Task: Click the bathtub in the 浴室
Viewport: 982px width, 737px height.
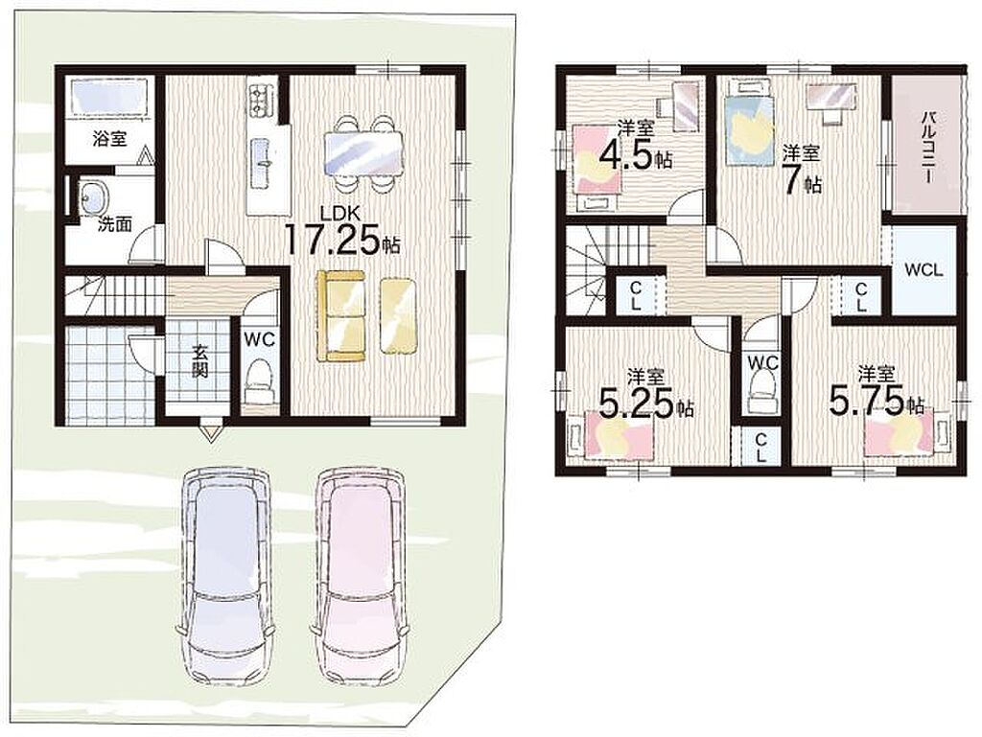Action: (109, 97)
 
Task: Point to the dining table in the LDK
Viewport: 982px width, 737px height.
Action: (362, 154)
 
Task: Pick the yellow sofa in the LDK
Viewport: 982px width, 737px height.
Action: (342, 315)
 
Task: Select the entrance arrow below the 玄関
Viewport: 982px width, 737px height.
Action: (210, 433)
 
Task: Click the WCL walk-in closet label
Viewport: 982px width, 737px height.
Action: (924, 270)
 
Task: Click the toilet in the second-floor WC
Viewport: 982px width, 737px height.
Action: (761, 392)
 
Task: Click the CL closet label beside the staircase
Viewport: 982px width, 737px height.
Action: (635, 296)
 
